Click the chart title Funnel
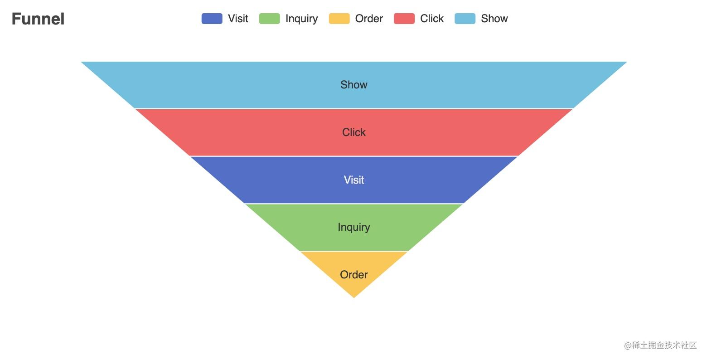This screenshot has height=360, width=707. click(x=38, y=19)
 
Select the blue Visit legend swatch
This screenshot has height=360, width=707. click(x=212, y=19)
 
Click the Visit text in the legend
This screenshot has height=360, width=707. click(x=238, y=19)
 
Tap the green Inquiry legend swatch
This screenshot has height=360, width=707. click(x=269, y=19)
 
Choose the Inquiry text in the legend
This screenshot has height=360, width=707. click(x=301, y=19)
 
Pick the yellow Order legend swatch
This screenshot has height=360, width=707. click(x=339, y=19)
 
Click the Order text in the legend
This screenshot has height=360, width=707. click(x=369, y=19)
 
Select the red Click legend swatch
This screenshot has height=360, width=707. click(x=404, y=19)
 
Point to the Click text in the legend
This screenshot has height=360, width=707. click(x=431, y=19)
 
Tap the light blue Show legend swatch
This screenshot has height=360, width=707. click(x=465, y=19)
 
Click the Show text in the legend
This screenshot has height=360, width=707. click(x=494, y=19)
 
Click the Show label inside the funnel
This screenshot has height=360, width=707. click(x=354, y=85)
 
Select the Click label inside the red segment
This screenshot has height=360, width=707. click(x=354, y=132)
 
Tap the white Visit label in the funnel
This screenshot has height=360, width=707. click(x=354, y=180)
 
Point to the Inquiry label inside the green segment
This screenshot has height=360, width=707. click(x=354, y=227)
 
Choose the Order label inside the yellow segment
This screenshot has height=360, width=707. click(x=354, y=275)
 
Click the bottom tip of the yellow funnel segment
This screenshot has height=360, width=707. click(x=354, y=297)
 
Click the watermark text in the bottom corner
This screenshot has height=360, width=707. click(x=660, y=345)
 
